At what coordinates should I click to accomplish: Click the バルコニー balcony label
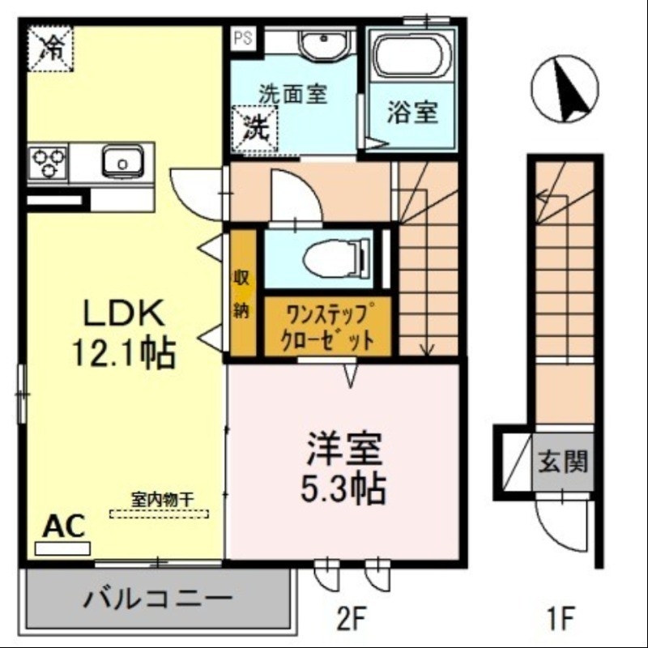point(159,600)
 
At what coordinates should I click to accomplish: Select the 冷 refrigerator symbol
point(51,49)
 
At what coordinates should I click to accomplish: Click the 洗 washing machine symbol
point(256,128)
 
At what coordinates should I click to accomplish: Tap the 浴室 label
point(412,113)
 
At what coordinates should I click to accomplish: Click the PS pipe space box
point(243,36)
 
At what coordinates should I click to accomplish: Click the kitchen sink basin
point(122,162)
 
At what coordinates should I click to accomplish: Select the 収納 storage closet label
point(241,293)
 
